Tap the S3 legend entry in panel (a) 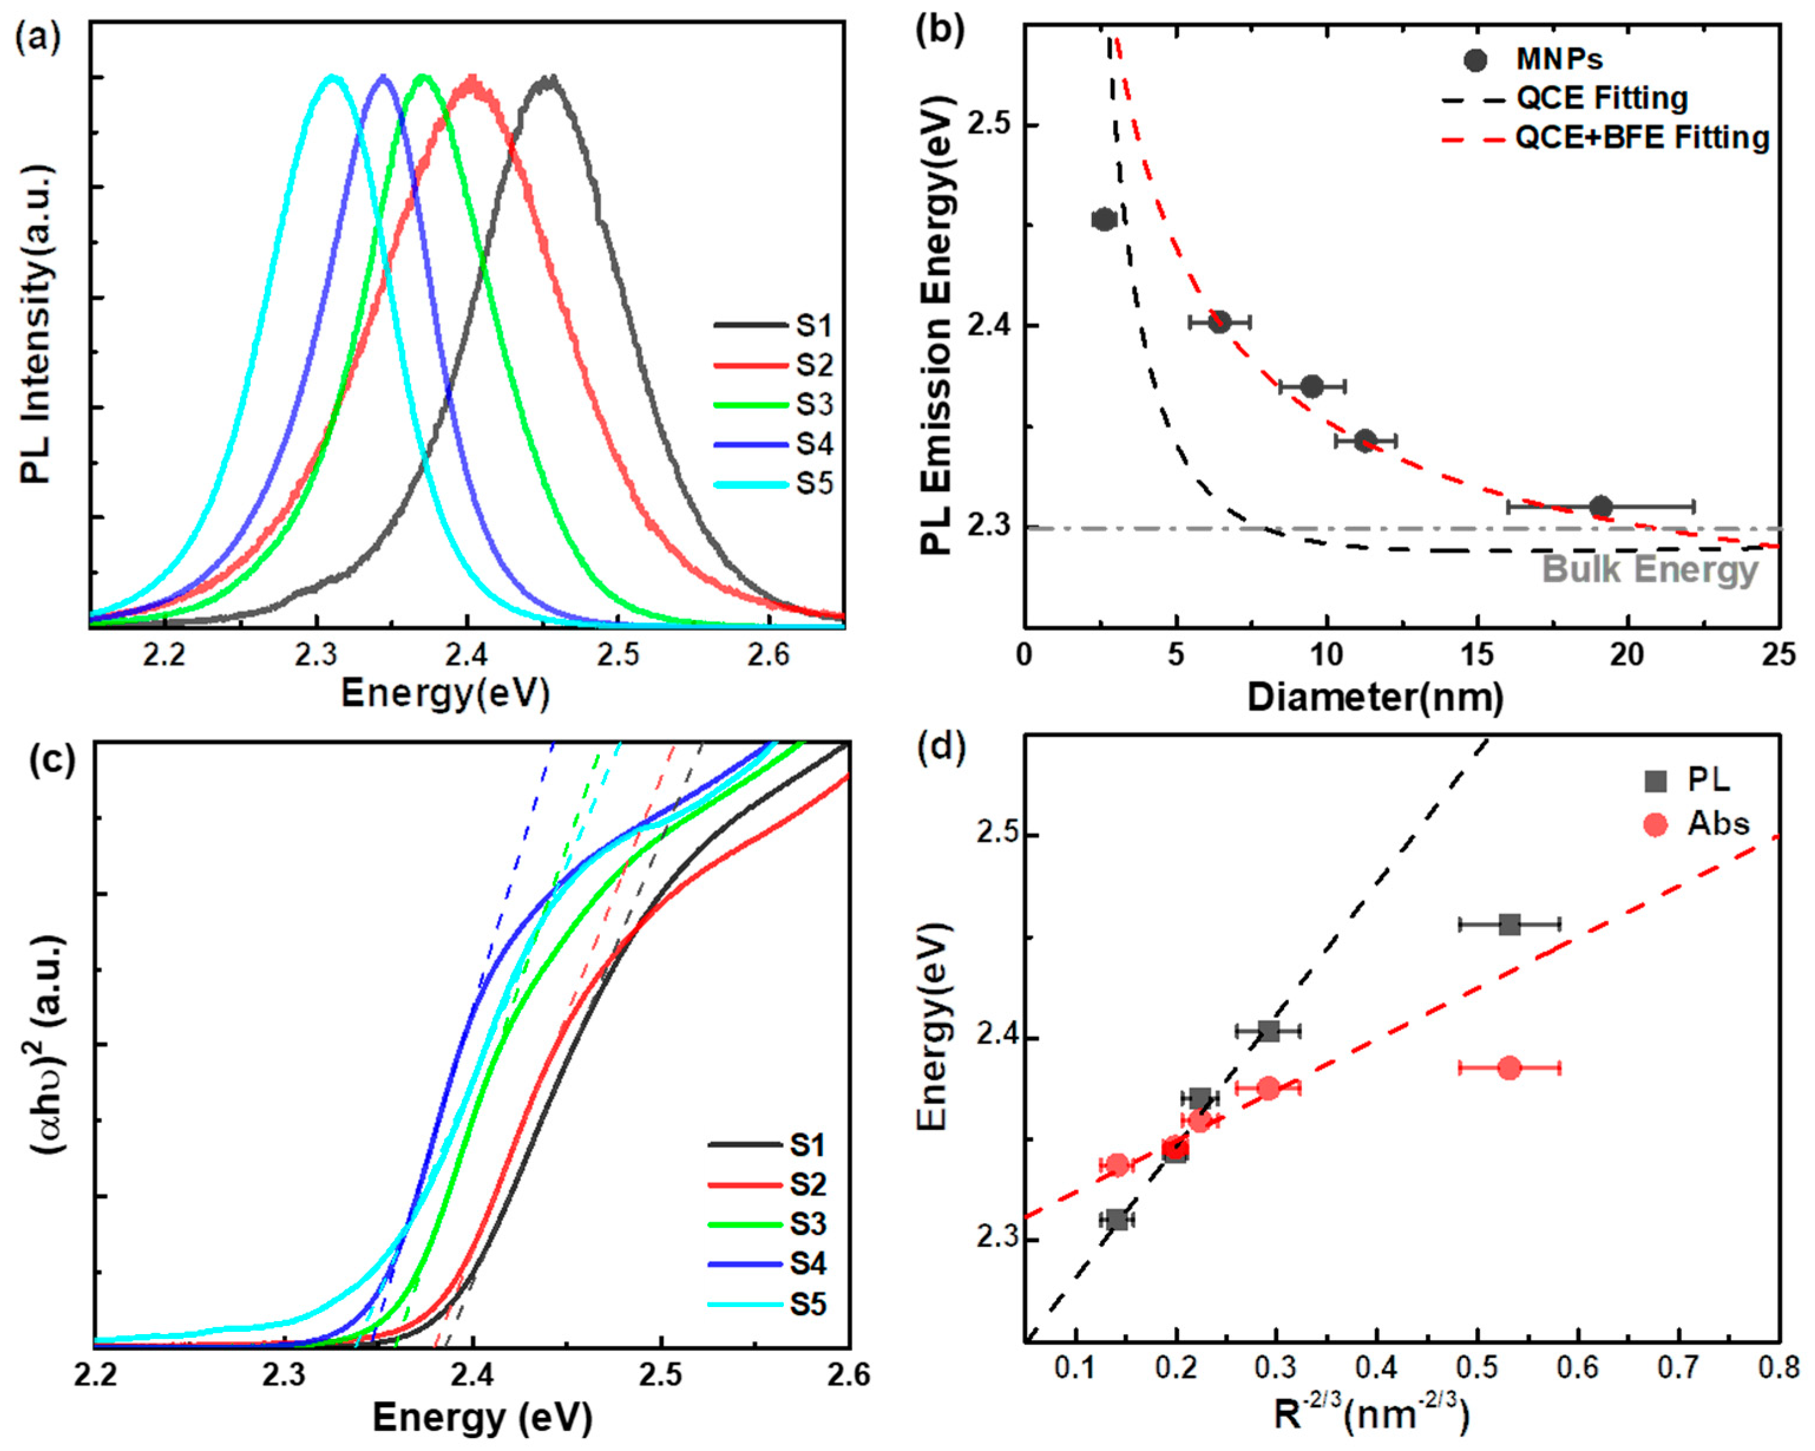click(814, 405)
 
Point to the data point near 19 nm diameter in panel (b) click(1600, 507)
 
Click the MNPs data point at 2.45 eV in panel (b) click(1104, 220)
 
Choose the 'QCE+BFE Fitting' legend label click(1642, 138)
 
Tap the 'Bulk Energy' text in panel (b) click(1649, 570)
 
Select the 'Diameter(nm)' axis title click(1376, 698)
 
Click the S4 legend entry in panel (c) click(806, 1264)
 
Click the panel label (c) click(51, 759)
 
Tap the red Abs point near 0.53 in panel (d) click(1509, 1068)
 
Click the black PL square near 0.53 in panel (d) click(1509, 924)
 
